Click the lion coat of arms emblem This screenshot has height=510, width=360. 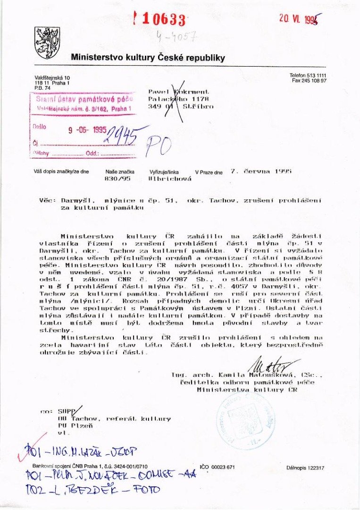click(x=47, y=42)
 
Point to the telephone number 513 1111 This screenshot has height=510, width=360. click(x=315, y=76)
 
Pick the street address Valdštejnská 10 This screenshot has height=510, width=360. click(x=52, y=77)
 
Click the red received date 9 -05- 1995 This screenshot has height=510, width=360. click(x=87, y=131)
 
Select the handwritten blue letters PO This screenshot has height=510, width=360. click(x=159, y=146)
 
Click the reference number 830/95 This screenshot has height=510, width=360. click(x=114, y=179)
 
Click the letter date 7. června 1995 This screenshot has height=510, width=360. click(x=261, y=171)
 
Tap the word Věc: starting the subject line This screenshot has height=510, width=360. click(x=49, y=201)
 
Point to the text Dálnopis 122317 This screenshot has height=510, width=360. click(x=305, y=468)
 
